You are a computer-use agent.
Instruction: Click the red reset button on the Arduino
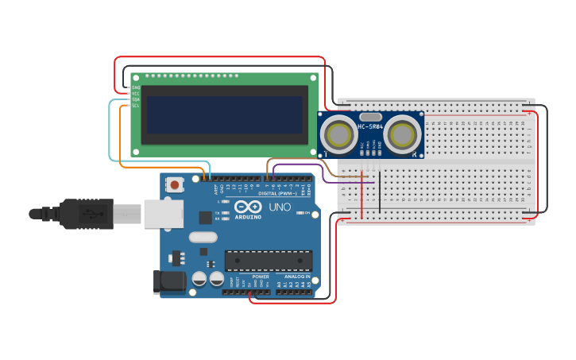pyautogui.click(x=175, y=184)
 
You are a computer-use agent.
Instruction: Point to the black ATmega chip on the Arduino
pyautogui.click(x=268, y=260)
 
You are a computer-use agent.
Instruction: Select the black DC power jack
pyautogui.click(x=169, y=281)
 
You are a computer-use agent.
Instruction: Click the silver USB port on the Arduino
pyautogui.click(x=163, y=214)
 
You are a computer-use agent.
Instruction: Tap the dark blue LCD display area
pyautogui.click(x=225, y=115)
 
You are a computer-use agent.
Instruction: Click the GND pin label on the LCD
pyautogui.click(x=136, y=87)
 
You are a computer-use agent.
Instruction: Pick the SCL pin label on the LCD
pyautogui.click(x=136, y=106)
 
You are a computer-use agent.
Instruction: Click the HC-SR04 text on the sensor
pyautogui.click(x=370, y=126)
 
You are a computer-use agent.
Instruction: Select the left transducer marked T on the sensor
pyautogui.click(x=340, y=133)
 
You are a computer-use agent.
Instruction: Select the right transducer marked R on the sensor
pyautogui.click(x=402, y=133)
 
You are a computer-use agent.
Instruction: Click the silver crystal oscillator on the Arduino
pyautogui.click(x=203, y=236)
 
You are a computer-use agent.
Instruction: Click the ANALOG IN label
pyautogui.click(x=298, y=277)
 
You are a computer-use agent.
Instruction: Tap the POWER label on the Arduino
pyautogui.click(x=261, y=277)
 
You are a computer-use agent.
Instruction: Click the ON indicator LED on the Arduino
pyautogui.click(x=299, y=212)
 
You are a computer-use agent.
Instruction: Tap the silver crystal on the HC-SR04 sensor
pyautogui.click(x=370, y=116)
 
